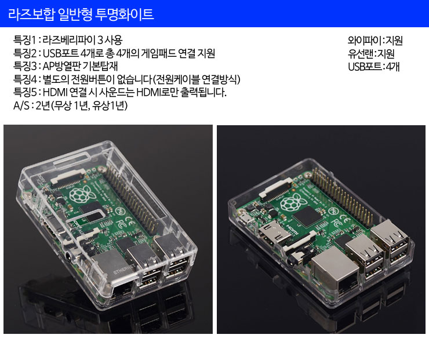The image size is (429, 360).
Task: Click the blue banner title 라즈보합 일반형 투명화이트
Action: (x=81, y=14)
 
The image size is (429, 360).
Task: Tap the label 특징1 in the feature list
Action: (x=24, y=40)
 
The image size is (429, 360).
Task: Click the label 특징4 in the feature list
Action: (x=25, y=79)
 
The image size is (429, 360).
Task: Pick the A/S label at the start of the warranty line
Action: (x=21, y=106)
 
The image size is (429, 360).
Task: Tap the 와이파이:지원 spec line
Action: (x=375, y=40)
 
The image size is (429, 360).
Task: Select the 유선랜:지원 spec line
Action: (x=371, y=53)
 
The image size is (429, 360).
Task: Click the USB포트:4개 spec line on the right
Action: (x=374, y=67)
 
